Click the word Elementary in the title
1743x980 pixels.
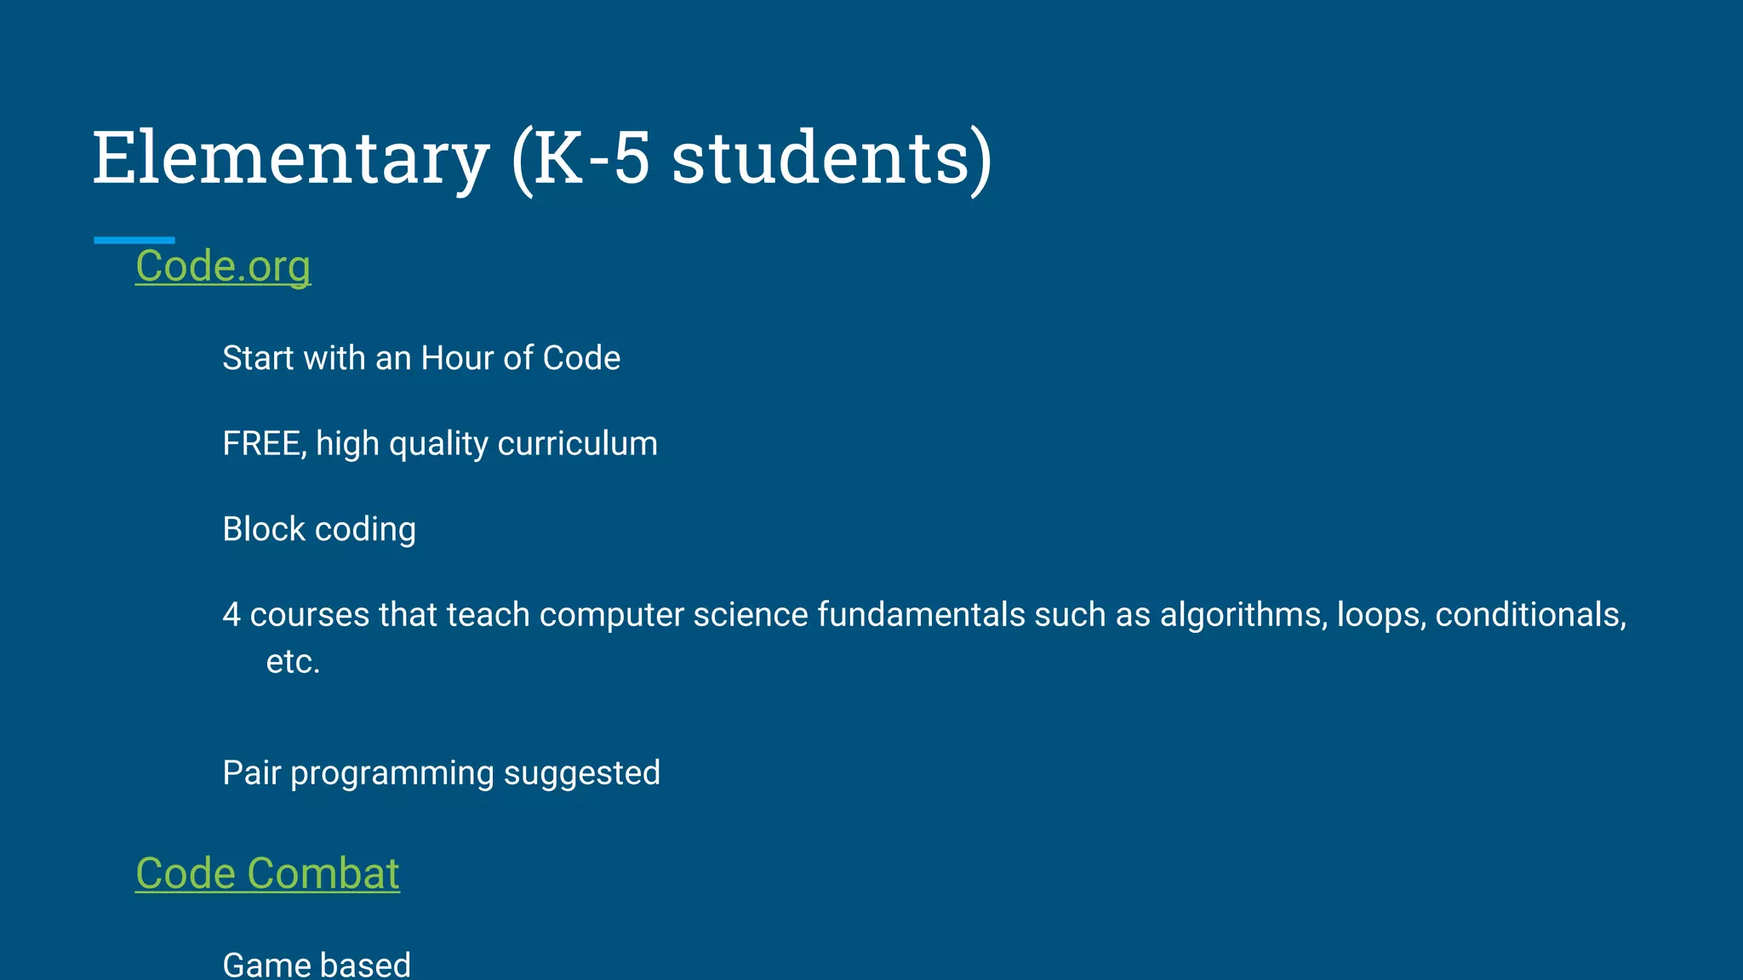[x=290, y=158]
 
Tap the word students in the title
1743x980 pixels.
[x=820, y=158]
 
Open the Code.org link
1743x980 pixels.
[x=223, y=265]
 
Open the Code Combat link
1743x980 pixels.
[x=267, y=873]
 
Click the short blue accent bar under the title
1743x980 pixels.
[x=134, y=240]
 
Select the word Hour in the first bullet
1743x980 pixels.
[x=457, y=358]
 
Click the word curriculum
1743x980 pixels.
[x=577, y=444]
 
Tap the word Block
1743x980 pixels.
[x=264, y=529]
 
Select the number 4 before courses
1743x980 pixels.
[x=231, y=614]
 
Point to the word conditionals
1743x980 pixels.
[x=1530, y=614]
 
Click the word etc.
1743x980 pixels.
[x=293, y=662]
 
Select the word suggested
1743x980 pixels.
[x=581, y=773]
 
